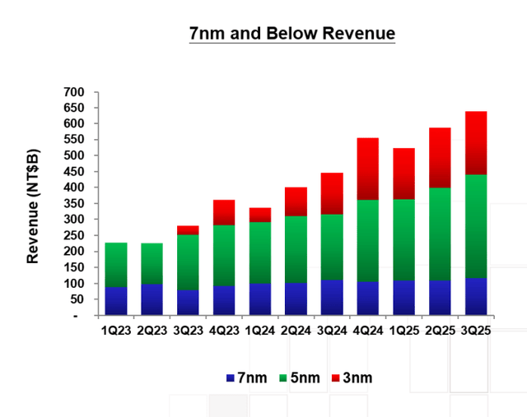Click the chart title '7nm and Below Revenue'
coord(292,34)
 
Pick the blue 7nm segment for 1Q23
coord(116,300)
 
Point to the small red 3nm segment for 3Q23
coord(189,229)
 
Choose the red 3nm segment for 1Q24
coord(260,215)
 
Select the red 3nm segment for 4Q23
coord(224,212)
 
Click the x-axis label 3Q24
coord(332,331)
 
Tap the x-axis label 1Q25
coord(403,331)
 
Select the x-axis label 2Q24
coord(296,331)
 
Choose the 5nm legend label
coord(299,378)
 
